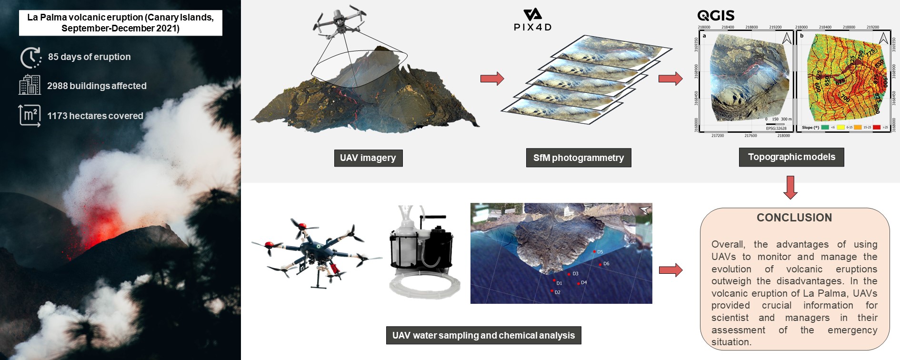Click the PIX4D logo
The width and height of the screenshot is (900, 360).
click(532, 20)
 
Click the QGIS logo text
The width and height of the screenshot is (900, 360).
click(716, 15)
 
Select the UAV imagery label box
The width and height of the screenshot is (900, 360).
click(368, 158)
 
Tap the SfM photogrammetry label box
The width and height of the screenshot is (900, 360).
click(578, 158)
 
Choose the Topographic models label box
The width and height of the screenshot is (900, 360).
click(791, 157)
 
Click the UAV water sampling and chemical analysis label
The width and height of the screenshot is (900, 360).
click(483, 335)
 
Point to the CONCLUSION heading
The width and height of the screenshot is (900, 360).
click(794, 218)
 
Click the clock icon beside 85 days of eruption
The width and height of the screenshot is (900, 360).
click(30, 58)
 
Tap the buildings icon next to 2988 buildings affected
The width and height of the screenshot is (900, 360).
click(30, 86)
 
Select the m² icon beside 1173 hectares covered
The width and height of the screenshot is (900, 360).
click(30, 115)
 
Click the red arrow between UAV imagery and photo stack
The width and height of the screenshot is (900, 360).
click(492, 79)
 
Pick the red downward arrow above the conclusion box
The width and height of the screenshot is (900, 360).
click(790, 187)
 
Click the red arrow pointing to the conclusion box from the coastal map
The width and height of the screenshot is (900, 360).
click(670, 270)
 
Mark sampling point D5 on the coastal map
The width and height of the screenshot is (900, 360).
click(594, 251)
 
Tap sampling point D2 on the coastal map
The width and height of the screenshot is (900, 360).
click(552, 291)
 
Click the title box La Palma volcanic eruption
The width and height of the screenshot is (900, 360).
click(120, 23)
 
